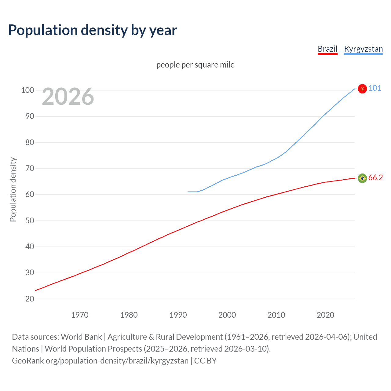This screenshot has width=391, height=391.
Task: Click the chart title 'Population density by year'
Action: click(93, 30)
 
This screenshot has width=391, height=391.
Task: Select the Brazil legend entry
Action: click(327, 49)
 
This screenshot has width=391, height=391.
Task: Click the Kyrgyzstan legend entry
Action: click(363, 49)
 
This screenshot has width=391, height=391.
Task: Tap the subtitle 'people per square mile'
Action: click(195, 65)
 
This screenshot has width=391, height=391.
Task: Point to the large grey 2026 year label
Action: click(68, 97)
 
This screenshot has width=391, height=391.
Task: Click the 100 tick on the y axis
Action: click(27, 90)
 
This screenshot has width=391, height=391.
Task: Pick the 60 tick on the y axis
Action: click(30, 194)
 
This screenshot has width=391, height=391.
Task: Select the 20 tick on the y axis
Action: click(30, 299)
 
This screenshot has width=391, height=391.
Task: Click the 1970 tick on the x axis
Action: click(80, 315)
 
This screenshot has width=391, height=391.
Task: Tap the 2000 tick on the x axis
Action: click(227, 315)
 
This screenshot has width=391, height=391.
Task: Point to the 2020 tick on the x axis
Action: click(325, 315)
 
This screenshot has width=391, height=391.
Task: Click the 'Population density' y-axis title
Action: click(13, 189)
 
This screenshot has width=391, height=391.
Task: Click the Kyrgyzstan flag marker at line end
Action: click(362, 89)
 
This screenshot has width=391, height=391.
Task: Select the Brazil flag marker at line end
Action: click(362, 178)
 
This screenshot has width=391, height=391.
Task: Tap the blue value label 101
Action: click(375, 88)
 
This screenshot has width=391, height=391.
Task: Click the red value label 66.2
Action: click(375, 178)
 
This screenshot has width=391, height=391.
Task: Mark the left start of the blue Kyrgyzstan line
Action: click(188, 192)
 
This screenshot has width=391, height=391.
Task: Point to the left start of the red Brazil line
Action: click(36, 290)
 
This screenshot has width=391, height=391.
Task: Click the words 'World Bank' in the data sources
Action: click(81, 337)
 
